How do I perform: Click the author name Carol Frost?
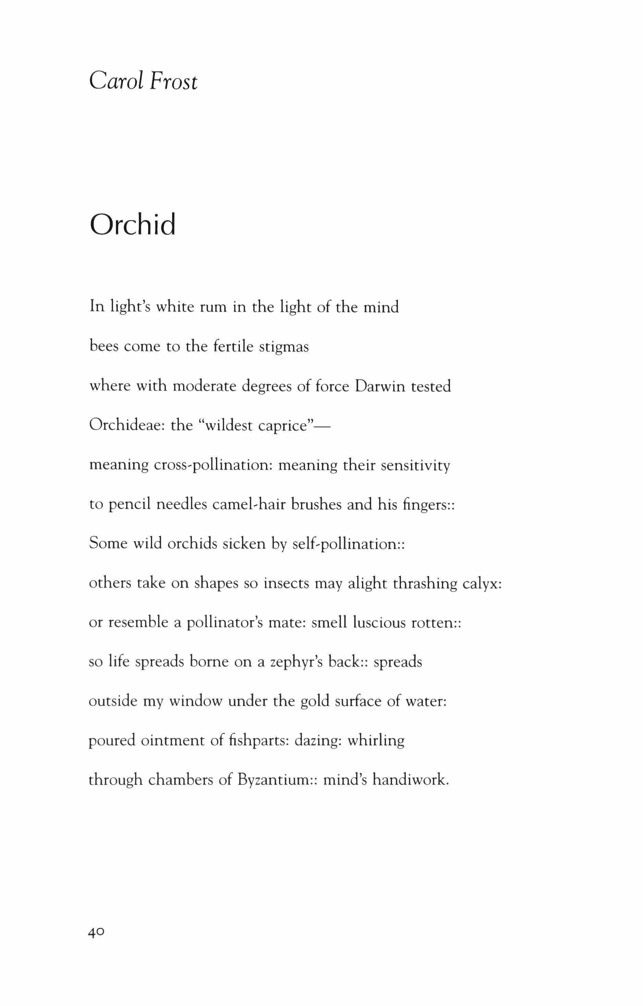tap(143, 81)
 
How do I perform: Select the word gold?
tap(315, 701)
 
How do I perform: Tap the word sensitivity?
tap(415, 465)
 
